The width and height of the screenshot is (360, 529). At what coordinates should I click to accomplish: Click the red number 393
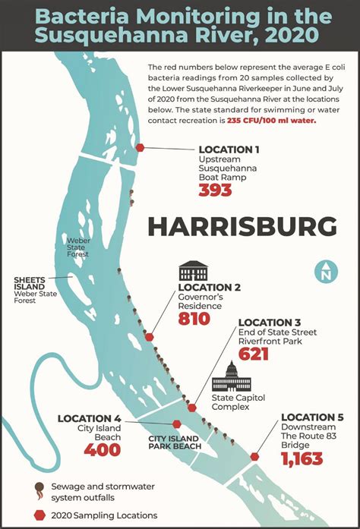214,190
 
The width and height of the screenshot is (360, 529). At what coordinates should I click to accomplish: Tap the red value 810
194,320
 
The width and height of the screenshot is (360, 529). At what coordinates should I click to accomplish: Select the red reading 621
254,354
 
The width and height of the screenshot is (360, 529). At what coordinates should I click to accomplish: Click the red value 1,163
302,459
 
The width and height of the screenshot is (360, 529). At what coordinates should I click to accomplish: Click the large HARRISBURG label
242,226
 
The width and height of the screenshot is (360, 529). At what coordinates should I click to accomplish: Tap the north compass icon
326,271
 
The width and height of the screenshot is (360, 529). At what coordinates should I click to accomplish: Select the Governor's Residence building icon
193,271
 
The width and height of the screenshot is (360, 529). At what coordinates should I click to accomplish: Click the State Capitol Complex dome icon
231,377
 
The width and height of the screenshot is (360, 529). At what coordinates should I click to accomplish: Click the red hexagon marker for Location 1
140,148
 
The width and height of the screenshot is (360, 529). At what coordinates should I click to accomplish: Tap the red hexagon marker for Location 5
254,457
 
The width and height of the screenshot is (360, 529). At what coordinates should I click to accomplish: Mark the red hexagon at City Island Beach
177,424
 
